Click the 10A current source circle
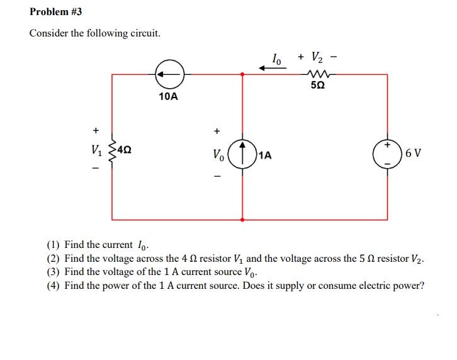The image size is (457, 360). pos(169,74)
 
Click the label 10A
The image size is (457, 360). pos(168,96)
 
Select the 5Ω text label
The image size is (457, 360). pos(318,86)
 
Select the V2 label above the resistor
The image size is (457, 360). pos(320,57)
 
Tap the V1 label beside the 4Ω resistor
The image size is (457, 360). pos(96,152)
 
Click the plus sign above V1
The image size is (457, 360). pos(96,130)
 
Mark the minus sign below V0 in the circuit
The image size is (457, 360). pos(217,176)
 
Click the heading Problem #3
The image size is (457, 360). pos(55,12)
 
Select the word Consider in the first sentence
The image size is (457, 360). pos(49,33)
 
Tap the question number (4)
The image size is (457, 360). pos(54,285)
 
